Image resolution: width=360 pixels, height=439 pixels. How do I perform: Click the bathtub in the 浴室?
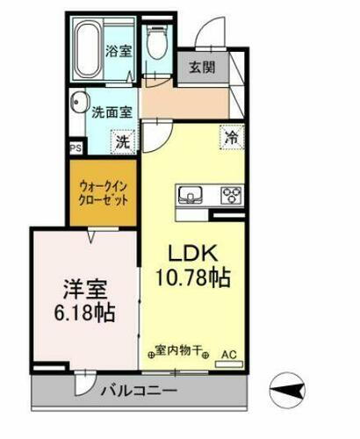(x=90, y=49)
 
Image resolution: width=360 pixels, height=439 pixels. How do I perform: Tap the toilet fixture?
(x=156, y=41)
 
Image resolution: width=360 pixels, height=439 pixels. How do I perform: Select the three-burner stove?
(x=231, y=194)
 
